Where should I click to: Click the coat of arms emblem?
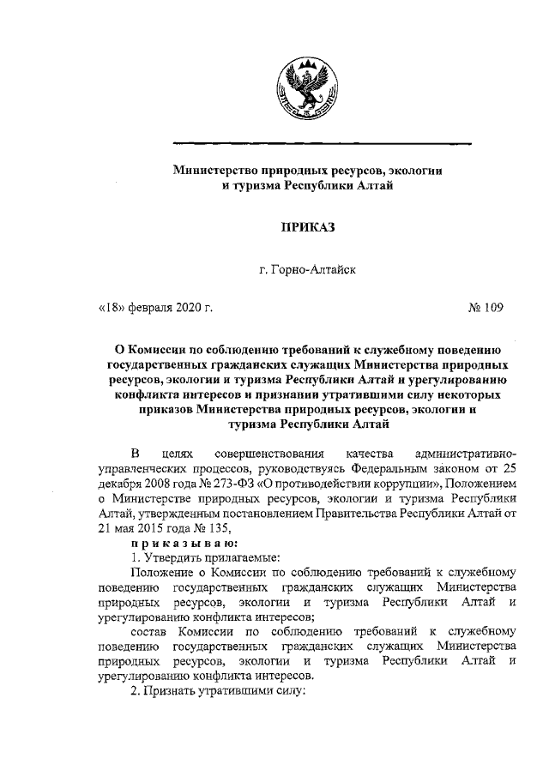[x=298, y=88]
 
